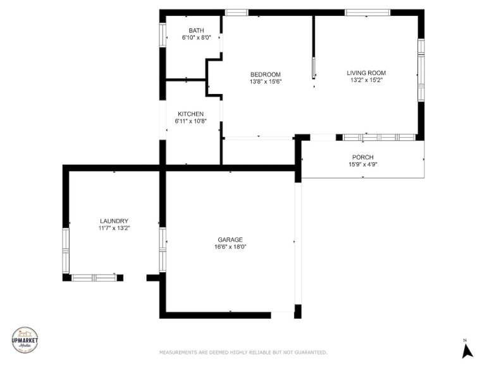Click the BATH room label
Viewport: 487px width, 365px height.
click(x=196, y=30)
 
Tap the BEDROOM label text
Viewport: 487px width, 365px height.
click(x=266, y=75)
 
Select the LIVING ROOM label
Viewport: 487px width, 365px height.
click(x=366, y=73)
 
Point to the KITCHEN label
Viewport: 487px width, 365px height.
click(x=191, y=114)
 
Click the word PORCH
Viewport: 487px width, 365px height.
click(x=363, y=157)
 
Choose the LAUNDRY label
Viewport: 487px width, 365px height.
click(x=114, y=221)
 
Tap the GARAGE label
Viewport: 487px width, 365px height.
click(x=230, y=240)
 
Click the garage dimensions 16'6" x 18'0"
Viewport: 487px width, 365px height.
click(x=230, y=247)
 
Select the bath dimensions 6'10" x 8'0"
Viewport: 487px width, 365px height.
click(x=196, y=37)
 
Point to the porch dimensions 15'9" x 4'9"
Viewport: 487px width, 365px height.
click(x=363, y=164)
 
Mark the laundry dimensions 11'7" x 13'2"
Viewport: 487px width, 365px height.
click(x=114, y=228)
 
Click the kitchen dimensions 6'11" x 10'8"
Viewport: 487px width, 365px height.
click(x=191, y=121)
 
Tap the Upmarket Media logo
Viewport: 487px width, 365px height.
click(x=25, y=340)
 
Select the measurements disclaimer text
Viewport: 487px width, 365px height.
click(x=244, y=352)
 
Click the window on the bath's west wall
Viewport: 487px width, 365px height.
click(x=163, y=35)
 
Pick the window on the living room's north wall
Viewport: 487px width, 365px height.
click(x=367, y=13)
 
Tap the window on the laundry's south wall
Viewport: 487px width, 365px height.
click(x=94, y=278)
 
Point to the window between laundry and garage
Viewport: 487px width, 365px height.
click(x=163, y=250)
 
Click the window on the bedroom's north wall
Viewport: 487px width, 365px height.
click(x=237, y=13)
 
